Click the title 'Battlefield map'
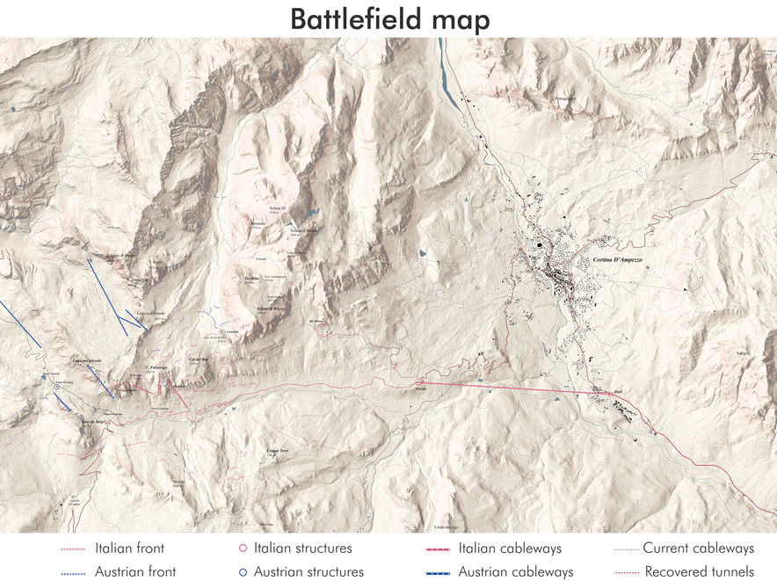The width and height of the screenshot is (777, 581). pyautogui.click(x=389, y=18)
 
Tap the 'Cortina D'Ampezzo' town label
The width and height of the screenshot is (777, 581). pyautogui.click(x=618, y=261)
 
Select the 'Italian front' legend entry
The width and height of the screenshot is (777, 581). pyautogui.click(x=129, y=548)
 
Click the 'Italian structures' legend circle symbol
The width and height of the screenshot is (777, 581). pyautogui.click(x=243, y=548)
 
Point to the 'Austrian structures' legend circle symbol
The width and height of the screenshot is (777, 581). pyautogui.click(x=243, y=571)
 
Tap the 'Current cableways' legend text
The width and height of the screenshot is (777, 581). pyautogui.click(x=698, y=548)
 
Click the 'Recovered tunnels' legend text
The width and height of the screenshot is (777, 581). pyautogui.click(x=698, y=571)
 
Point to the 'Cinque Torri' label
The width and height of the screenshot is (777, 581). pyautogui.click(x=277, y=451)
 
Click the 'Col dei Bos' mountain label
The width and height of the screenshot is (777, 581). pyautogui.click(x=198, y=359)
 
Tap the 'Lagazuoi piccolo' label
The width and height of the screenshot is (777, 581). pyautogui.click(x=89, y=361)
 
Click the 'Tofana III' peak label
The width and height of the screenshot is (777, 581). pyautogui.click(x=278, y=209)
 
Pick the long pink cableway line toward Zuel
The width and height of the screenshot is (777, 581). pyautogui.click(x=510, y=388)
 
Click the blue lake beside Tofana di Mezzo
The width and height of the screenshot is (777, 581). pyautogui.click(x=312, y=212)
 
